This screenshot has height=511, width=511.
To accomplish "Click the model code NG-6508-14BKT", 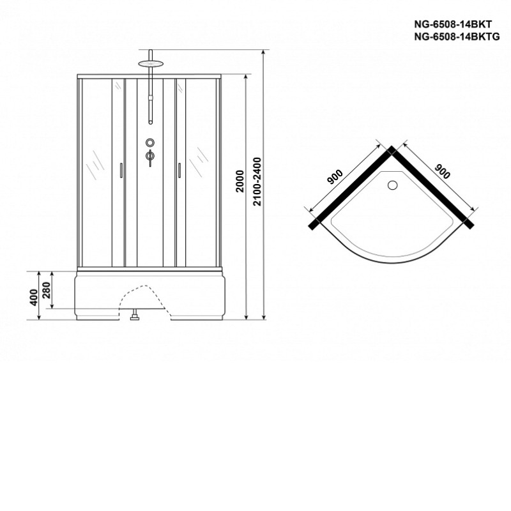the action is tap(453, 24).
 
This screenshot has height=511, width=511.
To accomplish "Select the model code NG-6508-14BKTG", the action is tap(457, 37).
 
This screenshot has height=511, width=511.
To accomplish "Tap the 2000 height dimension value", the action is tap(240, 181).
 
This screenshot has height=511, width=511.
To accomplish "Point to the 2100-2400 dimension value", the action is tap(257, 181).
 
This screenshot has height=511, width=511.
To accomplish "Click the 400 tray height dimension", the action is tap(34, 297).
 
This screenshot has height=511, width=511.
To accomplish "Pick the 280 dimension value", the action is tap(47, 290).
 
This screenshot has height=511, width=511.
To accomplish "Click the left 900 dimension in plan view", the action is tap(335, 178).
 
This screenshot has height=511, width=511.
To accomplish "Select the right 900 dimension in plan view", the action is tap(443, 171).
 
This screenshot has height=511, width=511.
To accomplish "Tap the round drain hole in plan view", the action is tap(392, 185).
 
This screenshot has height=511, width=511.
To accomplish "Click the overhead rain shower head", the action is tap(150, 63).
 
